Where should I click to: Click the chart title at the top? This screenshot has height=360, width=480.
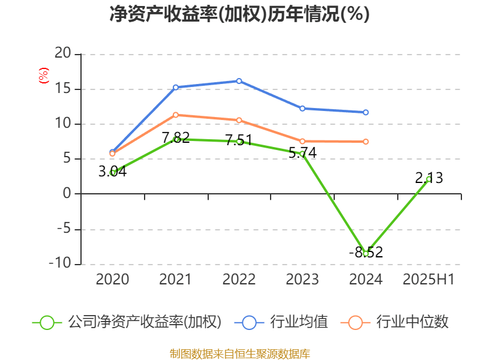[x=239, y=14]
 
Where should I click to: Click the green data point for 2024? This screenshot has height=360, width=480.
[x=365, y=253]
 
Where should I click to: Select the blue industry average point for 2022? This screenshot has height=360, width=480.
[x=239, y=80]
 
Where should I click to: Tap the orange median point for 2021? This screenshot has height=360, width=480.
[x=176, y=115]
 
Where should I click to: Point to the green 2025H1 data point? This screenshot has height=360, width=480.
[x=429, y=179]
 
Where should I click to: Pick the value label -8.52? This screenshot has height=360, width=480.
[x=365, y=253]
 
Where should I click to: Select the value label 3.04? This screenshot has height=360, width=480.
[x=113, y=172]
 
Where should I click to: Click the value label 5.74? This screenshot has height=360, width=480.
[x=302, y=153]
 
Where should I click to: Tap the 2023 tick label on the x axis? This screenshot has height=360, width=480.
[x=302, y=280]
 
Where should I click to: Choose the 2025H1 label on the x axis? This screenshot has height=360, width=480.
[x=428, y=280]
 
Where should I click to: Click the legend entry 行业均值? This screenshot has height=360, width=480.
[x=284, y=322]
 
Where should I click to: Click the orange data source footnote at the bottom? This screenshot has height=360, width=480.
[x=239, y=353]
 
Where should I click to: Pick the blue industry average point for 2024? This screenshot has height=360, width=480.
[x=365, y=112]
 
